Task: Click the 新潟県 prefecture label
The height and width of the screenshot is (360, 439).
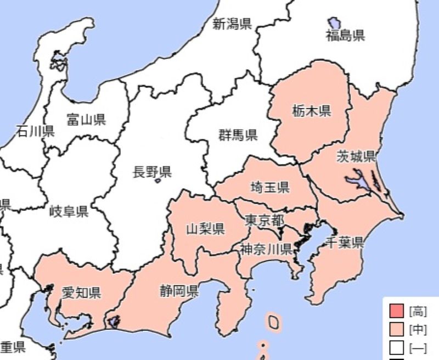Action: coord(232,24)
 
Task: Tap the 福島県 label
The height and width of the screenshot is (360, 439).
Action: coord(345,36)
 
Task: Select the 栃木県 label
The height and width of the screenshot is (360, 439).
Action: coord(311,112)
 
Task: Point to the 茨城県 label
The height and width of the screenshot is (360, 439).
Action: coord(356,156)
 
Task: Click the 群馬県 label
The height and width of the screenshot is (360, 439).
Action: coord(238,135)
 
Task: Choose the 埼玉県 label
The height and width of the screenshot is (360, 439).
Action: coord(269,187)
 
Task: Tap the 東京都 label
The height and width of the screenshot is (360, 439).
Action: coord(264,221)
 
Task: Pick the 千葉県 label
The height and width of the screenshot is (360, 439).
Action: coord(345,242)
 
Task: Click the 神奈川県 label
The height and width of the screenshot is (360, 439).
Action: coord(266,250)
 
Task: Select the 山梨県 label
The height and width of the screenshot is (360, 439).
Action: coord(205,228)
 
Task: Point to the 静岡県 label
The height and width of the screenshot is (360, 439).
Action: coord(179,290)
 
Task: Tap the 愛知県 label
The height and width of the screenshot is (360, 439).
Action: coord(81,292)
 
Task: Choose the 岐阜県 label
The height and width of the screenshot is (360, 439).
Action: coord(69,211)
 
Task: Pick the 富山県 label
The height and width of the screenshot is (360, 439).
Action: coord(86,120)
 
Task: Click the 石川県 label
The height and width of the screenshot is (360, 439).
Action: coord(35,131)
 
